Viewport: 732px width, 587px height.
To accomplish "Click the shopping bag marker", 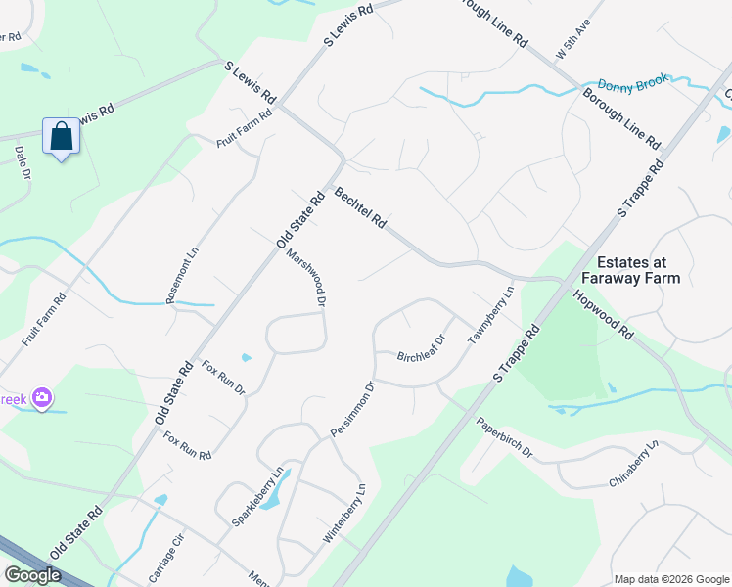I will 61,137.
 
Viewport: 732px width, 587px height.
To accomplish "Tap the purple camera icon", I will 42,397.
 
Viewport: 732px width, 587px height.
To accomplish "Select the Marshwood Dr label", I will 306,278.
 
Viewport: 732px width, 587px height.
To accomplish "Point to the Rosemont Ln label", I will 183,275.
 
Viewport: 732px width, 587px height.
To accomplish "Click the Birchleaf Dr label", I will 422,349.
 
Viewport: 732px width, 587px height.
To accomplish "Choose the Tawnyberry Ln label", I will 490,314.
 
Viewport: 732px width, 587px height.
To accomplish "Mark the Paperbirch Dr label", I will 504,438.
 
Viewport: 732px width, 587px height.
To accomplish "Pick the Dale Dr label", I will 21,162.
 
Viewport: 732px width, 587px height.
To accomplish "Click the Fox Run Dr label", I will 223,378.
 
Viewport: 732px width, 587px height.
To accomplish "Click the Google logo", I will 32,575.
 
